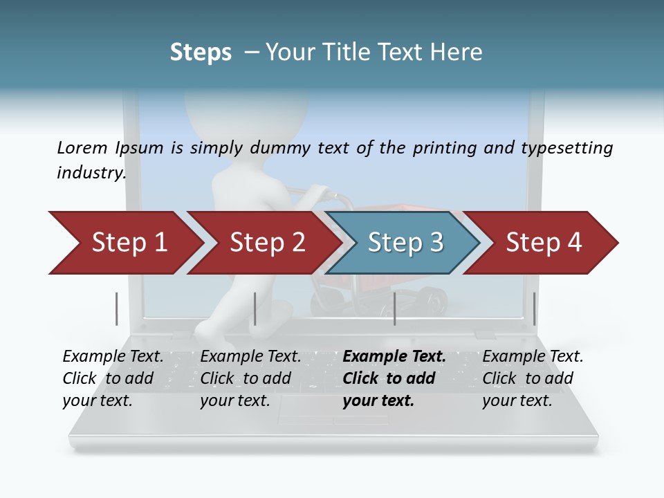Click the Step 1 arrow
point(128,243)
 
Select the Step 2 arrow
point(266,243)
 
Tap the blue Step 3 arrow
point(405,243)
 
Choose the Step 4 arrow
point(543,243)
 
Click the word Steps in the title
point(201,52)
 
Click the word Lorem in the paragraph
point(82,147)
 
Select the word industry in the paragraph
point(91,172)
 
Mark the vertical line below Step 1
point(117,308)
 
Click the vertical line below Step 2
point(255,308)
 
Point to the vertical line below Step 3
point(394,308)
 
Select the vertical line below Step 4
point(534,308)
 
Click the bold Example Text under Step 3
point(394,357)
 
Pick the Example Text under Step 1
point(113,357)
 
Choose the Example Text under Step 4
point(533,357)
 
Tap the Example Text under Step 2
point(250,357)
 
